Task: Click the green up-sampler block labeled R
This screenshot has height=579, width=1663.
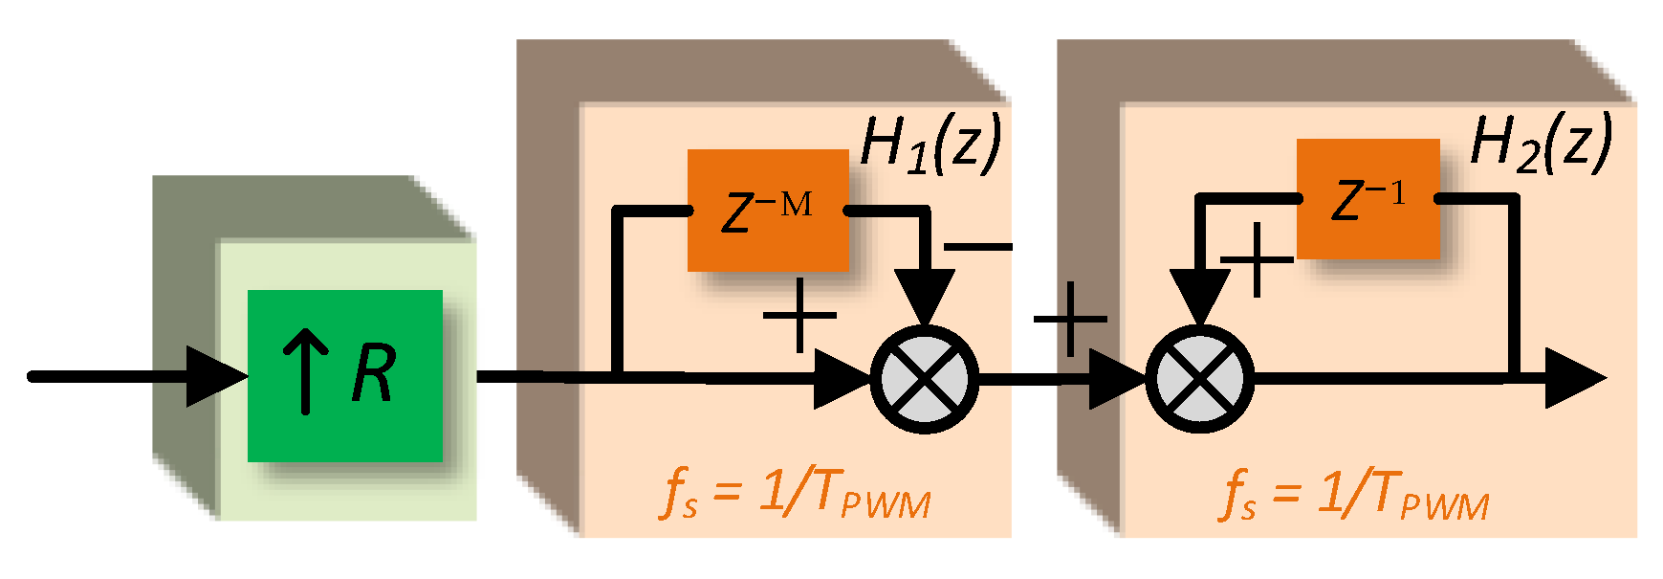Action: (344, 375)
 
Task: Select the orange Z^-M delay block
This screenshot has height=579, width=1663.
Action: (768, 211)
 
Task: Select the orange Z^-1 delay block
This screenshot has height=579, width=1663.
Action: (1368, 199)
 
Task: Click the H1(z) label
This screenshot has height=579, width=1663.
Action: (930, 144)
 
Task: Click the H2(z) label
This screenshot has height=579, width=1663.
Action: (1540, 142)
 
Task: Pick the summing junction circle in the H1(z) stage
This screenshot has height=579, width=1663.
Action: (925, 379)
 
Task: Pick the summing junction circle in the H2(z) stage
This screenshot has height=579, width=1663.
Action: (1199, 379)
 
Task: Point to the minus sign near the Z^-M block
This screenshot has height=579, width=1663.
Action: (977, 248)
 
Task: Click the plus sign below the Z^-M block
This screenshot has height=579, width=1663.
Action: (799, 316)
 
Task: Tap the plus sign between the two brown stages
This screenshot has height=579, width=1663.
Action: (1070, 320)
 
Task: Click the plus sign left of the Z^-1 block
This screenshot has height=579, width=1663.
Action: (1258, 259)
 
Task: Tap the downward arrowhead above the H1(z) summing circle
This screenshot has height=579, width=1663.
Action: (925, 297)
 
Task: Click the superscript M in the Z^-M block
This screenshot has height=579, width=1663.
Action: (796, 203)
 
